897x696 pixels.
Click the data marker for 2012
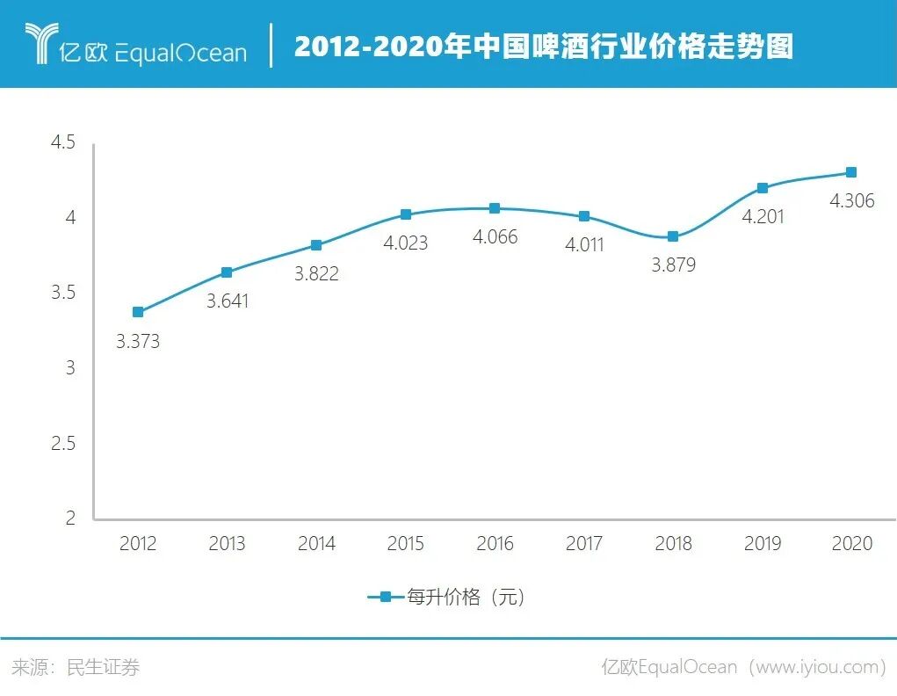[138, 312]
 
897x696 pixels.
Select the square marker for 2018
[673, 236]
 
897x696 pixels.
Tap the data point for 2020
[851, 172]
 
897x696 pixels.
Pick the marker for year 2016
[495, 208]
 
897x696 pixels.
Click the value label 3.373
[138, 342]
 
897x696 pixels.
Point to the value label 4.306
[851, 201]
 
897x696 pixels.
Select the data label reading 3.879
[673, 265]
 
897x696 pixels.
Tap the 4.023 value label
[405, 243]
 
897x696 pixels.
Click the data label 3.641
[228, 301]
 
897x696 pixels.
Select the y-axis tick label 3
[70, 368]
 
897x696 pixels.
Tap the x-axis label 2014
[316, 544]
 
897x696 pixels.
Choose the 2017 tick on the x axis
[584, 544]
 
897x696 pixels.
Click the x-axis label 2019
[763, 544]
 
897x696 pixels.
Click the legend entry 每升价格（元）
[448, 598]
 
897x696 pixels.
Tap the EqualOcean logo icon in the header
[40, 44]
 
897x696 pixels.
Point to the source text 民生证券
[104, 668]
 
